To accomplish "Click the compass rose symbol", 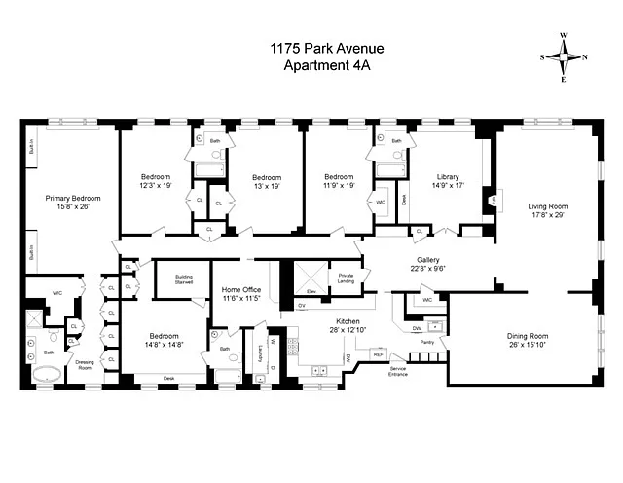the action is (x=564, y=56).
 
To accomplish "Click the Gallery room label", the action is (x=429, y=261).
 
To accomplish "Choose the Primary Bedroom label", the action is (x=73, y=198).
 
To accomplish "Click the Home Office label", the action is (x=241, y=290).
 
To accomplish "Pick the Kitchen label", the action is (x=349, y=320).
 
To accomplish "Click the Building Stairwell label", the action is (x=182, y=279).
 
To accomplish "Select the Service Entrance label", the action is (x=399, y=371).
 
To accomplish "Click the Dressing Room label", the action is (x=85, y=365).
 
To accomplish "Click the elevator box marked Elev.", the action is (x=311, y=291).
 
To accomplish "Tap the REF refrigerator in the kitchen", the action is (x=379, y=354).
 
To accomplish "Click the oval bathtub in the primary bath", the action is (x=46, y=373).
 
